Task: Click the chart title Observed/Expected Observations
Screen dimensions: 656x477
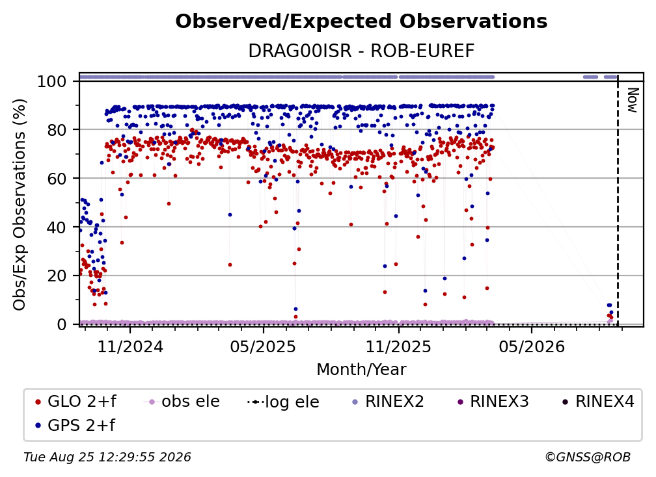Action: [361, 21]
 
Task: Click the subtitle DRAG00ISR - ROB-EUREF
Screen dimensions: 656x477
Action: [361, 51]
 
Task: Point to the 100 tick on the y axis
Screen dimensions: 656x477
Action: [51, 81]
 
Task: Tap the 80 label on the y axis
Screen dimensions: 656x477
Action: [57, 130]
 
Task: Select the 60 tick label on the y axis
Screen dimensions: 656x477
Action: [57, 178]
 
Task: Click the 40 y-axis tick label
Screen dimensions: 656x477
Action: [57, 227]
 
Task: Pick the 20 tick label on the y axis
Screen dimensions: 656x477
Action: [57, 276]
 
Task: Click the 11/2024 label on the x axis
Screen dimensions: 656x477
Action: [130, 346]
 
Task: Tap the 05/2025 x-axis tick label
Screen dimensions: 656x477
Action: [263, 346]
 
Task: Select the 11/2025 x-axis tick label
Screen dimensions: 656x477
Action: [398, 346]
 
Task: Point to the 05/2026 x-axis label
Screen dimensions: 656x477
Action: [532, 346]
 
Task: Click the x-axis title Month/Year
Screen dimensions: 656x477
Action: [361, 370]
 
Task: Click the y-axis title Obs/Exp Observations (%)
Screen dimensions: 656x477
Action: [20, 205]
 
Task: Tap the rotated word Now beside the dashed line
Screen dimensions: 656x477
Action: [633, 100]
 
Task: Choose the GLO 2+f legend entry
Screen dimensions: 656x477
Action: [75, 402]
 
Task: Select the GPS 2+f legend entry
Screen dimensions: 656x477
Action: [75, 425]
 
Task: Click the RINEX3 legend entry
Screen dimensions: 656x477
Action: [493, 402]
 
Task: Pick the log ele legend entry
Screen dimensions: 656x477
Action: [283, 402]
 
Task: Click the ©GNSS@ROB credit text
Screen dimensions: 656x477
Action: [588, 457]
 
